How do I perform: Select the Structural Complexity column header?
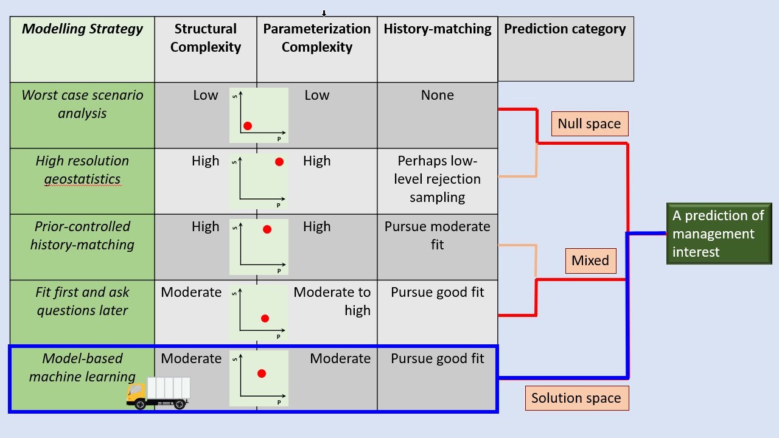tap(206, 38)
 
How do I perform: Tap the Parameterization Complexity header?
tap(317, 38)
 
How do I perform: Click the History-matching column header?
tap(438, 29)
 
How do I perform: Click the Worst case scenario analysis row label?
tap(82, 104)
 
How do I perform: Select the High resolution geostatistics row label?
tap(82, 170)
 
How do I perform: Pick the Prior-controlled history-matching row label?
tap(82, 235)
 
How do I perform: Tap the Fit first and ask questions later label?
tap(82, 301)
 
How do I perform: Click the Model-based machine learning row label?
tap(82, 367)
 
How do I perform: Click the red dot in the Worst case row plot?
tap(248, 126)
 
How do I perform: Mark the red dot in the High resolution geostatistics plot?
tap(279, 162)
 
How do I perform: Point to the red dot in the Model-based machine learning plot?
tap(262, 374)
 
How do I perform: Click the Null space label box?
tap(589, 123)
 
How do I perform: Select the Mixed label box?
tap(590, 261)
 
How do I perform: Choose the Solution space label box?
tap(576, 398)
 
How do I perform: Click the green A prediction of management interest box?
tap(719, 234)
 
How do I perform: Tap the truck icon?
tap(158, 393)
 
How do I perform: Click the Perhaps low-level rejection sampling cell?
tap(438, 179)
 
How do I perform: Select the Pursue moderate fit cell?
tap(438, 235)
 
